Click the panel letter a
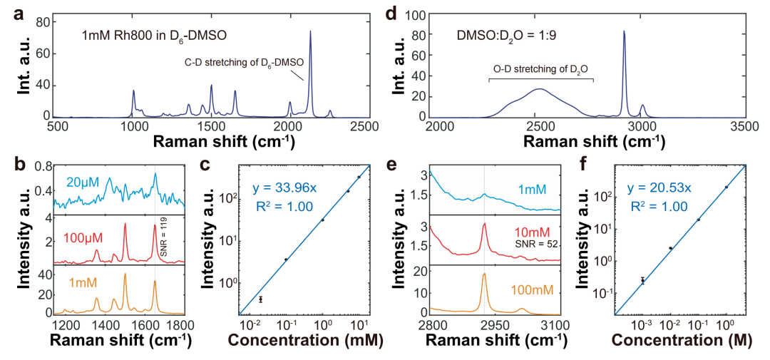pos(18,15)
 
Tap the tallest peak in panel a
pos(310,31)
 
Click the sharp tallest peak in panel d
pos(624,31)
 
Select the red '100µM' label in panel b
pos(83,238)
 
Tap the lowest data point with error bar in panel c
pos(261,299)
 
